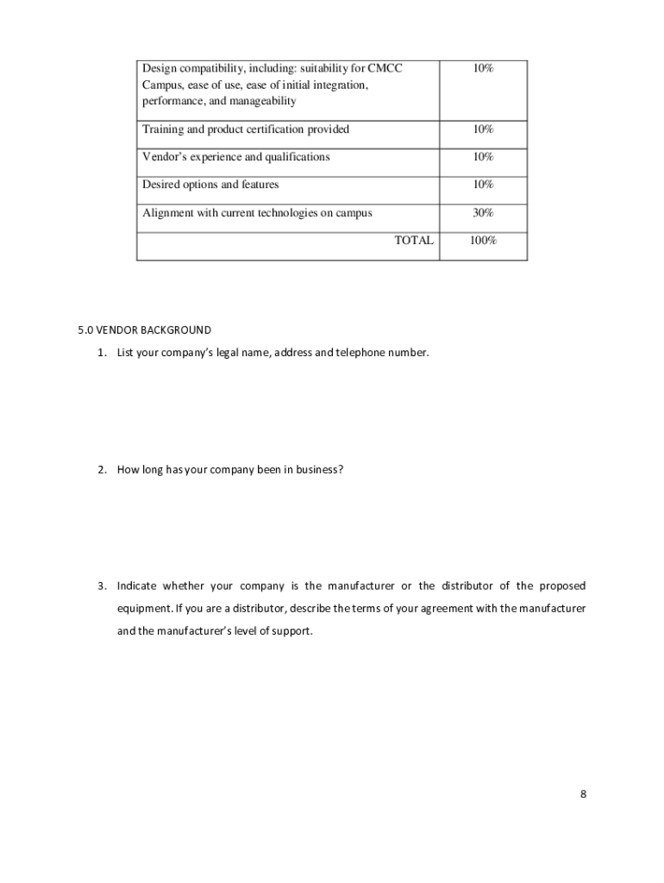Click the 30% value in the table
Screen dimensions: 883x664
pyautogui.click(x=483, y=213)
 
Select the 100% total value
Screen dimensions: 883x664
pyautogui.click(x=483, y=241)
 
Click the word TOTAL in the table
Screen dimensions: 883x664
pyautogui.click(x=414, y=241)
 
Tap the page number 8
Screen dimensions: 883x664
pyautogui.click(x=583, y=794)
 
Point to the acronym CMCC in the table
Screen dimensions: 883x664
pyautogui.click(x=385, y=68)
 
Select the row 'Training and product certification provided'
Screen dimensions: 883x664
pyautogui.click(x=246, y=129)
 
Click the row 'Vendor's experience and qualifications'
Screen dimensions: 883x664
pyautogui.click(x=235, y=157)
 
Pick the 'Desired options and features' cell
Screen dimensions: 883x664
pyautogui.click(x=210, y=185)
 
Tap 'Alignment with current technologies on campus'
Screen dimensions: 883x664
pyautogui.click(x=257, y=213)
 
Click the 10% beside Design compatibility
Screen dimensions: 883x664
pyautogui.click(x=483, y=68)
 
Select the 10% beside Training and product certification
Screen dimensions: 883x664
pyautogui.click(x=483, y=129)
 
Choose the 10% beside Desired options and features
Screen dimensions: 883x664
pyautogui.click(x=483, y=185)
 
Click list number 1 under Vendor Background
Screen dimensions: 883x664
pyautogui.click(x=102, y=353)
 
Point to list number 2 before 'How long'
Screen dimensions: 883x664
pyautogui.click(x=102, y=469)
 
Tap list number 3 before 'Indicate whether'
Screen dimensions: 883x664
pyautogui.click(x=102, y=586)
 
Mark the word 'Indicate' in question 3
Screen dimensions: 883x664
pyautogui.click(x=137, y=586)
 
